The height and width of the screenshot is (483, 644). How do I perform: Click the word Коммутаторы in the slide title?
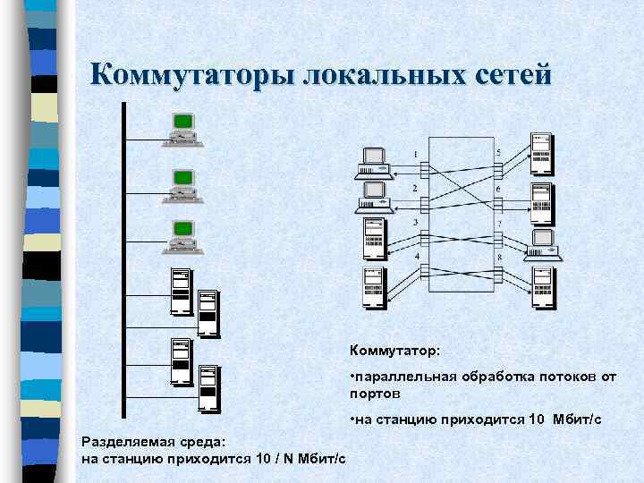point(194,74)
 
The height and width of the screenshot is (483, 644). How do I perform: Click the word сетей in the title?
point(509,74)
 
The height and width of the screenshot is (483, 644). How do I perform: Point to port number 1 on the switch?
point(415,155)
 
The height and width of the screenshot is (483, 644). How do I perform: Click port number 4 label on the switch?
point(415,258)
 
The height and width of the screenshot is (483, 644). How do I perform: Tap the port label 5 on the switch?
point(498,153)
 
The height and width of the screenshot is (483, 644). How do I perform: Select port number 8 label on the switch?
point(499,258)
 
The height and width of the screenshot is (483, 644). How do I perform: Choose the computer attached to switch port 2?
point(371,196)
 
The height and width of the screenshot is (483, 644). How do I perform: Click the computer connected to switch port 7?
point(543,244)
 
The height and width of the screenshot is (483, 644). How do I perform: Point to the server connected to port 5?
point(540,153)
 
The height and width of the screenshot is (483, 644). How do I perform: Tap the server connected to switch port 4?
point(373,286)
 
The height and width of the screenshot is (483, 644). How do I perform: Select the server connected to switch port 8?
point(540,288)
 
